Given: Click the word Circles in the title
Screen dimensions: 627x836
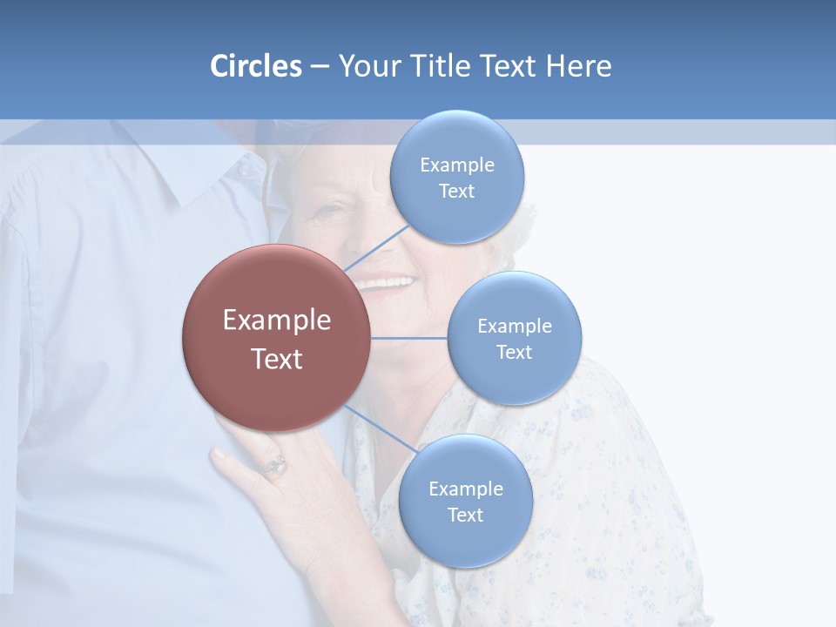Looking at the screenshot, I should [255, 66].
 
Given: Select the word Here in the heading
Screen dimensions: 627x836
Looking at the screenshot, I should [578, 66].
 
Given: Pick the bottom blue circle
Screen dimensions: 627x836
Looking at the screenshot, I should [466, 540].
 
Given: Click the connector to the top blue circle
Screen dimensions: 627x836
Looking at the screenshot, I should [376, 247].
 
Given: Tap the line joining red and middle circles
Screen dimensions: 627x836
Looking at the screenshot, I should [409, 338].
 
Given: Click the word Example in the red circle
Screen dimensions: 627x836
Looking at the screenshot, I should [276, 320].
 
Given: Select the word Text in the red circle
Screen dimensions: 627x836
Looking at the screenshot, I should [276, 359].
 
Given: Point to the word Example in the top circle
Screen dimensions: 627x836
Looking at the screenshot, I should [457, 165].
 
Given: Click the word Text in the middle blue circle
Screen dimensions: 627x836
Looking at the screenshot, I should [515, 352].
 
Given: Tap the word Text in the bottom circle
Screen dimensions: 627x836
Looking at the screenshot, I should [466, 515].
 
